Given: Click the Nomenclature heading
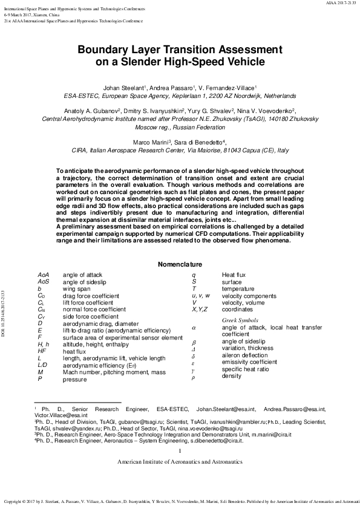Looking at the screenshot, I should [x=180, y=265].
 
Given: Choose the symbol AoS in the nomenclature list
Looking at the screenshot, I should [x=43, y=282].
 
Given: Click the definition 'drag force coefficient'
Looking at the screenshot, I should [x=91, y=296].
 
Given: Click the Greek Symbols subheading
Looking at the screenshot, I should [x=240, y=319].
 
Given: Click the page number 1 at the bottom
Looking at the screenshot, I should [x=180, y=450].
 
